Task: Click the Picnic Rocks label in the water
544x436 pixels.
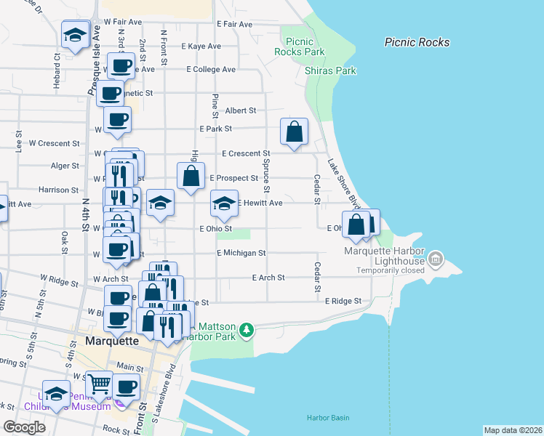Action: point(417,42)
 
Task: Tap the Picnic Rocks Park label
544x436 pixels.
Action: point(305,47)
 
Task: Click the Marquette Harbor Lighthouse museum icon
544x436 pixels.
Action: point(436,258)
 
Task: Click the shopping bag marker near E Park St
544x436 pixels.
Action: point(295,132)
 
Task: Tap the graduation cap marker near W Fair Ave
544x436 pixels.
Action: point(75,36)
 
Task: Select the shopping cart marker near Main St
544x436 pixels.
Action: point(99,381)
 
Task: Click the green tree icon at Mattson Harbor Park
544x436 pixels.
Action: point(248,331)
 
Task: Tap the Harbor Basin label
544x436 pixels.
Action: point(327,418)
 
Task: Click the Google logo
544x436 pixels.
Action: point(24,427)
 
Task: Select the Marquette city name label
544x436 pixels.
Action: point(111,340)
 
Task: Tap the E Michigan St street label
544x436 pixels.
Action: point(241,253)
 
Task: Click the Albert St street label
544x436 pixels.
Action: point(241,110)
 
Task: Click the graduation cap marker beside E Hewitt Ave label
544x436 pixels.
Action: point(224,203)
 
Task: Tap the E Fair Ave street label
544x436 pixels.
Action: point(234,24)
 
